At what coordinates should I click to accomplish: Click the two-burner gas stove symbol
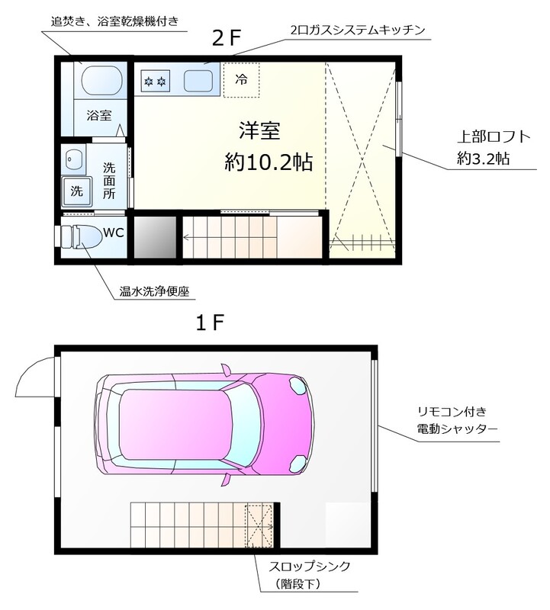tap(156, 79)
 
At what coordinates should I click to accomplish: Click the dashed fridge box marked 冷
tap(241, 79)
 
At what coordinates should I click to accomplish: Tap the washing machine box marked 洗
tap(77, 191)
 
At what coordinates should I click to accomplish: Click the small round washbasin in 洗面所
tap(75, 159)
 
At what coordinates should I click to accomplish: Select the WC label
tap(114, 232)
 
